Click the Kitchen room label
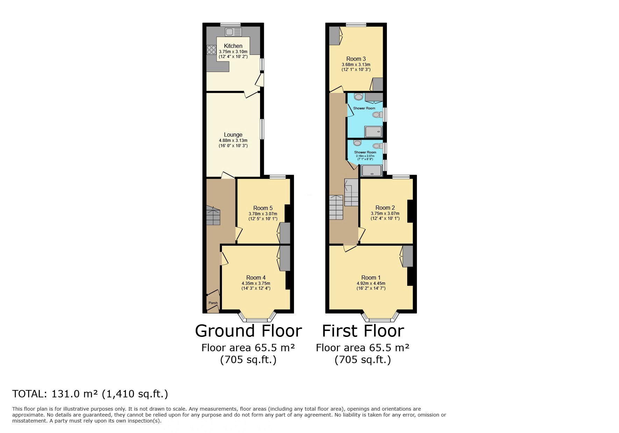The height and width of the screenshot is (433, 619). pyautogui.click(x=233, y=46)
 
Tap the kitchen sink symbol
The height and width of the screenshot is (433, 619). pyautogui.click(x=233, y=32)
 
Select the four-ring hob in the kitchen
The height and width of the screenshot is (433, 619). pyautogui.click(x=211, y=50)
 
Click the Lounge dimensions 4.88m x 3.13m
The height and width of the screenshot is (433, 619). pyautogui.click(x=233, y=140)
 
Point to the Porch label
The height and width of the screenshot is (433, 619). pyautogui.click(x=213, y=303)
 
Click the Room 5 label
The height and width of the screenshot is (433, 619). pyautogui.click(x=262, y=208)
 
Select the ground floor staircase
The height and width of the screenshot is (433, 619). pyautogui.click(x=213, y=216)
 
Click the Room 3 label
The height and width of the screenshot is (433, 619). pyautogui.click(x=356, y=59)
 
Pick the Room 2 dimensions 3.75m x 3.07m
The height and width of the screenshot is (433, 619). pyautogui.click(x=385, y=214)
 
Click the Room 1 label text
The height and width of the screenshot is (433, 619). pyautogui.click(x=371, y=278)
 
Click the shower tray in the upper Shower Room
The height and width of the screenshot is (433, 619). pyautogui.click(x=373, y=132)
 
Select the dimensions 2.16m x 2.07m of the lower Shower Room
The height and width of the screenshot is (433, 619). pyautogui.click(x=365, y=156)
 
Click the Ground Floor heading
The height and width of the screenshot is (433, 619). pyautogui.click(x=248, y=331)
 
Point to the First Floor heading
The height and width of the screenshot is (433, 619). pyautogui.click(x=363, y=331)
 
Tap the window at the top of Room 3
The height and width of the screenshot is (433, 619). pyautogui.click(x=356, y=24)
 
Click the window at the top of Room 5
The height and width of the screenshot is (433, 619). pyautogui.click(x=278, y=177)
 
